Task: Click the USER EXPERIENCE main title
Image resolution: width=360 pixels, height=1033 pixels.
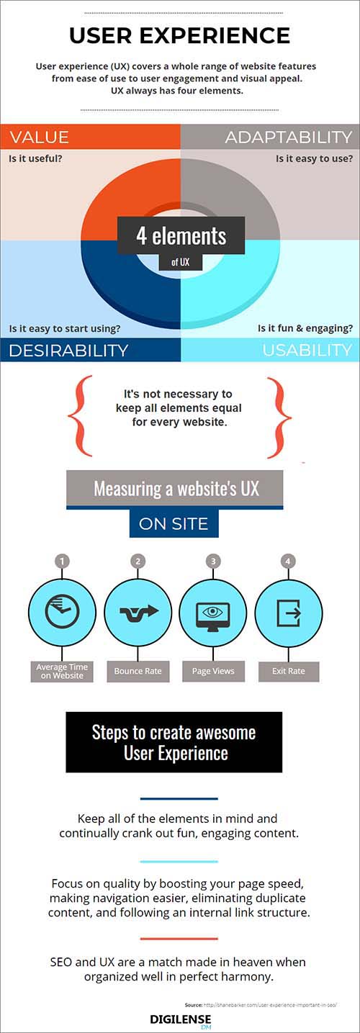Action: (x=179, y=36)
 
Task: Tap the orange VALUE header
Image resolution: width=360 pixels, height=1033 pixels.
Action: (x=90, y=137)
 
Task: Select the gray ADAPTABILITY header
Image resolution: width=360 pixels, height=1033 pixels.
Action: (x=270, y=137)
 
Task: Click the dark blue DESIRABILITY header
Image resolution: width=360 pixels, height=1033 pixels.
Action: (x=90, y=350)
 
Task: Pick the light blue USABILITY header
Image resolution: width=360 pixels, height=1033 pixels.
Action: (x=270, y=350)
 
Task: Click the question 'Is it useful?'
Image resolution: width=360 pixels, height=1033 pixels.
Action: (x=35, y=158)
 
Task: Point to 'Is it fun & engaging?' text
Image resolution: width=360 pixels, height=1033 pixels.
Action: (x=305, y=328)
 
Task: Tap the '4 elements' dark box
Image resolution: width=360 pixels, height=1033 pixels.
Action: (x=181, y=235)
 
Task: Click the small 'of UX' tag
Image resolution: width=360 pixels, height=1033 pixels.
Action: (x=180, y=262)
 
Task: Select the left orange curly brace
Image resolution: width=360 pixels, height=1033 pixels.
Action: (x=80, y=416)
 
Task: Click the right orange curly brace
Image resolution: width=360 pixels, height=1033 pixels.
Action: (x=279, y=418)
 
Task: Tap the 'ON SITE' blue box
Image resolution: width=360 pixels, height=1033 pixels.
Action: (x=174, y=523)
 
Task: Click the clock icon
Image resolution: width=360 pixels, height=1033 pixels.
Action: (x=63, y=612)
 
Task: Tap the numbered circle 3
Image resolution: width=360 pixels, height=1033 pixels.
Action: (x=213, y=561)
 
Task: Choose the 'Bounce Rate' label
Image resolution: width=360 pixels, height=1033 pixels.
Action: (x=138, y=671)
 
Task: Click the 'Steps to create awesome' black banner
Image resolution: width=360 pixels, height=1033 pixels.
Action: (x=174, y=742)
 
